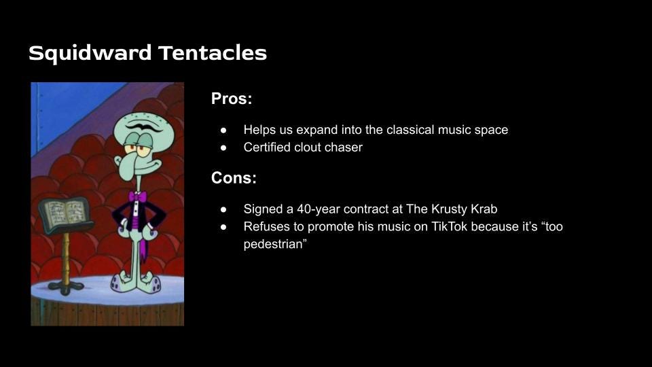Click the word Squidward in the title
point(90,54)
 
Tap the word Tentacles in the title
point(213,53)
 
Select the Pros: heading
point(232,99)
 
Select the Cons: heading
point(234,177)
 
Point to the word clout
point(308,147)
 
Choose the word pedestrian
point(274,244)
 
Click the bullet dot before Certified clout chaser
point(223,147)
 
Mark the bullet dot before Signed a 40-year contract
point(223,210)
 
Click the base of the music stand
point(66,287)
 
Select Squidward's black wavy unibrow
point(144,126)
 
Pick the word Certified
point(267,147)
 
